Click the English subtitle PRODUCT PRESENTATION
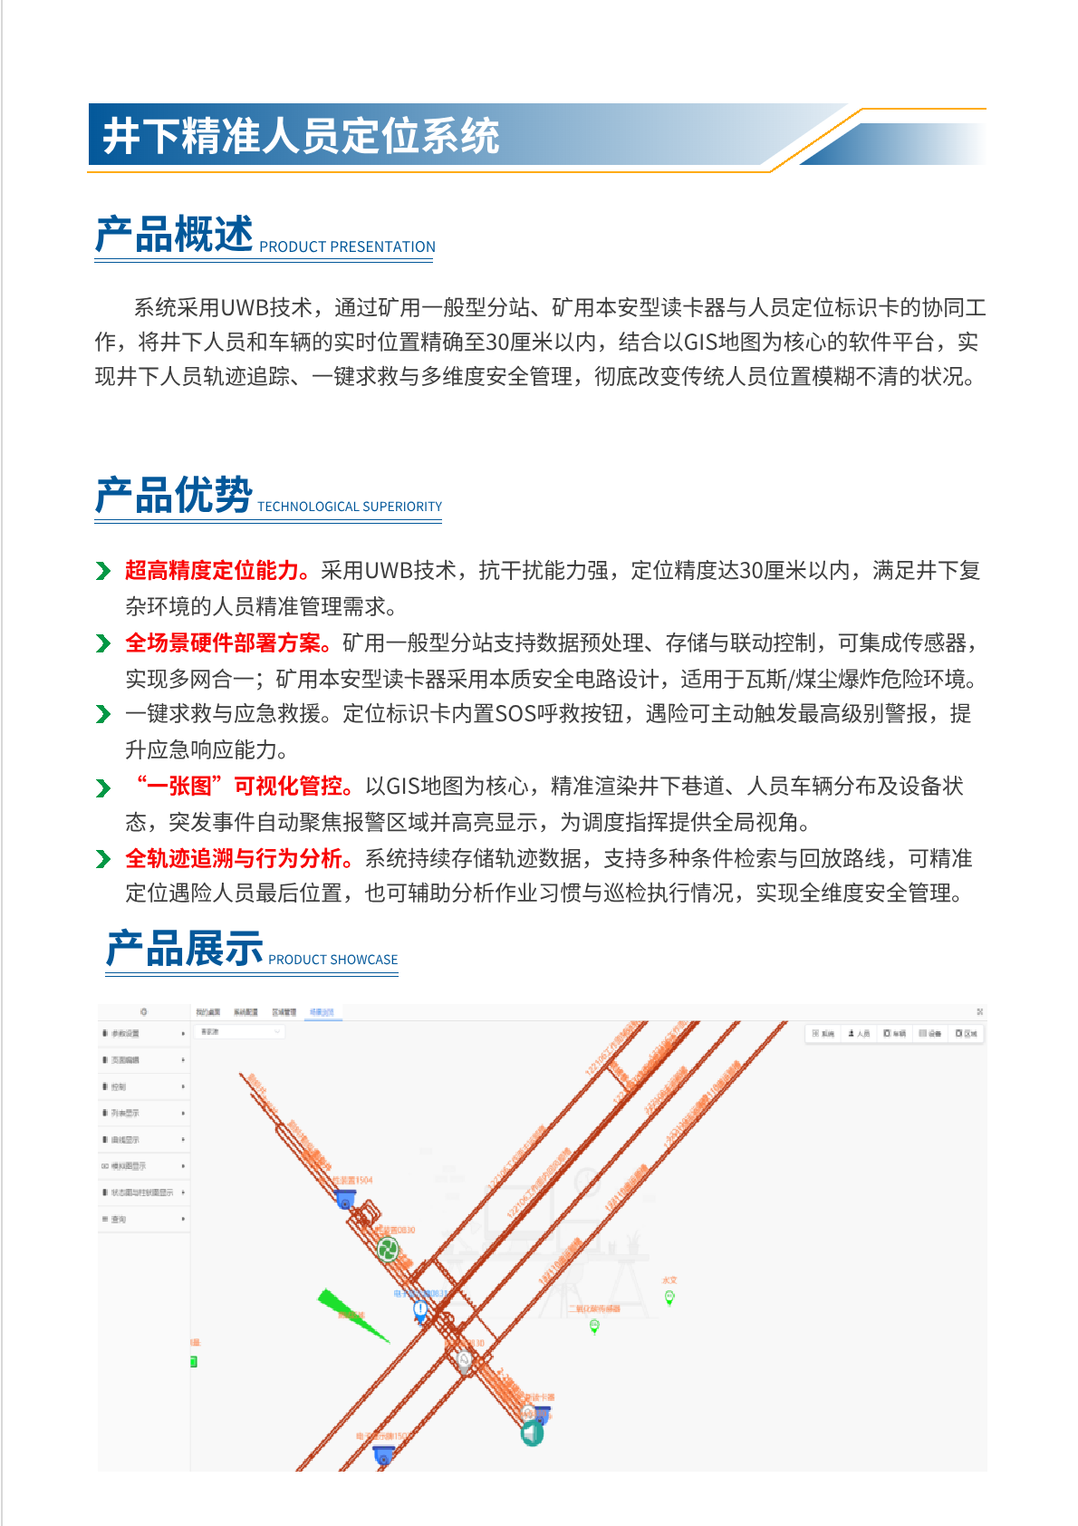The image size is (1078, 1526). point(347,246)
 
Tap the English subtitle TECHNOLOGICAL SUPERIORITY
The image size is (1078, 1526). point(350,507)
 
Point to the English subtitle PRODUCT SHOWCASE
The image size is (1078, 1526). point(332,960)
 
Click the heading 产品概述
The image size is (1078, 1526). point(174,235)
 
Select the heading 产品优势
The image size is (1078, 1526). point(174,496)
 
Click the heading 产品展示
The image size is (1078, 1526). point(185,949)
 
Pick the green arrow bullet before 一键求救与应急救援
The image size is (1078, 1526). point(103,715)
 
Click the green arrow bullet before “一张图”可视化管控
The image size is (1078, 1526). point(103,787)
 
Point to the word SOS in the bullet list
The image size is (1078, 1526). point(515,714)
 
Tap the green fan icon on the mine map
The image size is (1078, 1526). point(388,1251)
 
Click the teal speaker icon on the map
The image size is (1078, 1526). point(532,1434)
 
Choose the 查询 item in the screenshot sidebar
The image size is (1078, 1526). point(119,1220)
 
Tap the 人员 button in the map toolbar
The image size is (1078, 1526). point(859,1033)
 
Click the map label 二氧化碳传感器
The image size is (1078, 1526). point(594,1309)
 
